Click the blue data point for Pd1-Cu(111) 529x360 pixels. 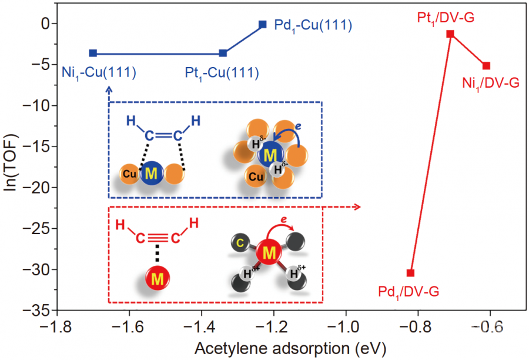point(262,25)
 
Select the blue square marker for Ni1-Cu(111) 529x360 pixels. point(93,53)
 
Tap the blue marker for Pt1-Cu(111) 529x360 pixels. point(223,53)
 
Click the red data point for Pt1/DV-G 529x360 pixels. point(450,34)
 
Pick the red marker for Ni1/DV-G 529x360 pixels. point(486,65)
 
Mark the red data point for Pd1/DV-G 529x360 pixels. point(410,273)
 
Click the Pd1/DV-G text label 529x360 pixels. point(409,291)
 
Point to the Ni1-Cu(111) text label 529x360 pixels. point(99,73)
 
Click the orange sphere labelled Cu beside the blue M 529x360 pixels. point(130,175)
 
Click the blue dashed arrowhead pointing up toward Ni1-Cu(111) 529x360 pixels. point(109,90)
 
